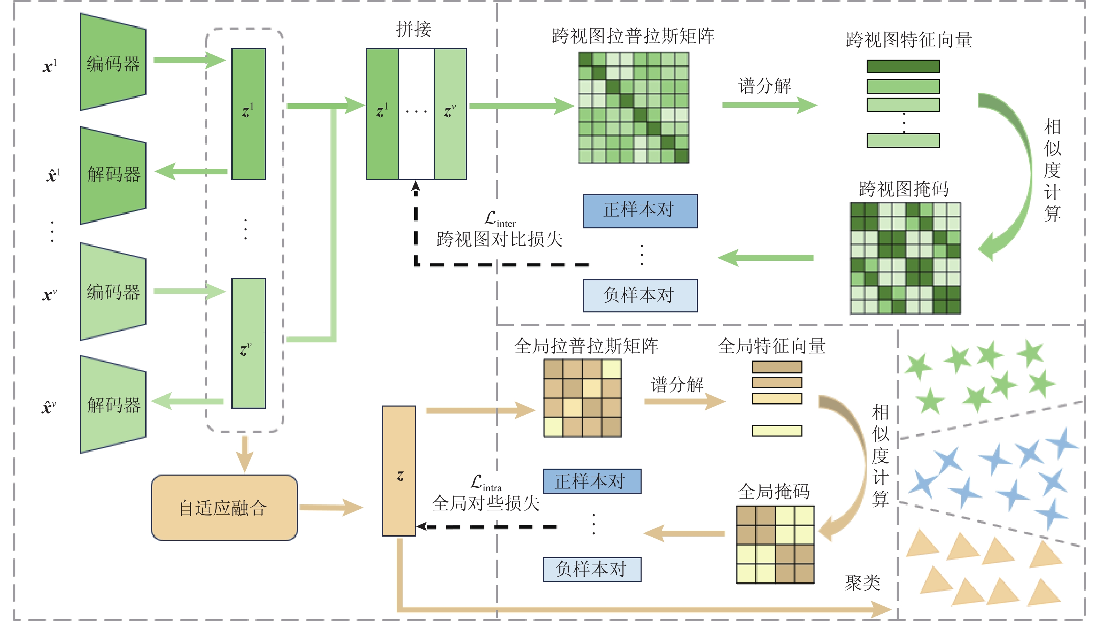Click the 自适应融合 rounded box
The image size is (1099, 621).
[x=224, y=508]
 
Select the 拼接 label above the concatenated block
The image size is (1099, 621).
[x=413, y=29]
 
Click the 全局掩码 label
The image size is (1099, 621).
[x=774, y=492]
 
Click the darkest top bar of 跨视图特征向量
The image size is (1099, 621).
[x=903, y=67]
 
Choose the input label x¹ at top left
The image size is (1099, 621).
[x=50, y=66]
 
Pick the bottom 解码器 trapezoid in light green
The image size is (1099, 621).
[x=113, y=404]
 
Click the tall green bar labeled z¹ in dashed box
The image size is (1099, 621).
[x=248, y=114]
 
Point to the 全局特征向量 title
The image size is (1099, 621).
[x=771, y=346]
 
